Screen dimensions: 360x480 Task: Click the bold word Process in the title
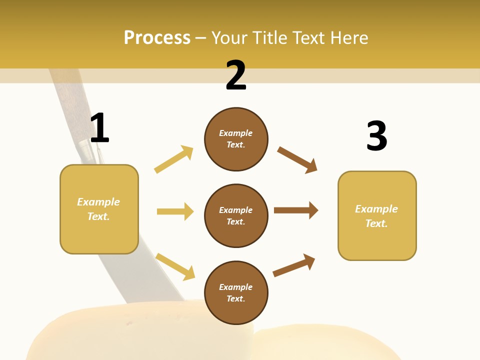157,38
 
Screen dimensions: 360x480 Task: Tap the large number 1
99,128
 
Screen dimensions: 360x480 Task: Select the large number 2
236,75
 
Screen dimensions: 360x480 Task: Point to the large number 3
376,136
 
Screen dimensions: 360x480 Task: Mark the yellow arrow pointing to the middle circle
175,211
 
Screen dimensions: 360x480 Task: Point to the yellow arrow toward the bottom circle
175,266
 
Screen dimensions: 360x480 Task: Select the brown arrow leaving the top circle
297,160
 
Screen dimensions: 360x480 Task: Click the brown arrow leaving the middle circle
296,210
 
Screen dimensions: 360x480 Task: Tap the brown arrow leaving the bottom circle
294,265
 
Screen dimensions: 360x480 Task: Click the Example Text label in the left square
98,209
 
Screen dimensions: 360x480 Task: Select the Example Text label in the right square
376,216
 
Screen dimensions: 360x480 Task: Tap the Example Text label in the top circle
236,139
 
